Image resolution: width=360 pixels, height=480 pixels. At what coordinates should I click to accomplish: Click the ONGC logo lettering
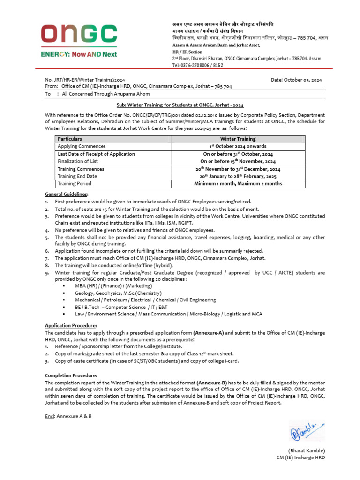click(79, 34)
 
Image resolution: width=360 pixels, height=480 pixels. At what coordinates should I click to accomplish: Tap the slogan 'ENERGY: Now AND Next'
click(78, 54)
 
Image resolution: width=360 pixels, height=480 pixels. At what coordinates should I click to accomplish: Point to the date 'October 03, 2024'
click(302, 80)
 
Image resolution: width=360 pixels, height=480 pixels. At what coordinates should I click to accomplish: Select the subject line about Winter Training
click(180, 105)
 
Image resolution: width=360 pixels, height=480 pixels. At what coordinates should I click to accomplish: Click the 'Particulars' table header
click(70, 139)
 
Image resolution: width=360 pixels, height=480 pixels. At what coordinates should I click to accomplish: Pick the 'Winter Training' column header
click(238, 139)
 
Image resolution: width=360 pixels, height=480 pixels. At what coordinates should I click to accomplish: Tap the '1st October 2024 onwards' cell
click(238, 146)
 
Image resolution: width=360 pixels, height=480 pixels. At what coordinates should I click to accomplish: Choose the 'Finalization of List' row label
click(78, 161)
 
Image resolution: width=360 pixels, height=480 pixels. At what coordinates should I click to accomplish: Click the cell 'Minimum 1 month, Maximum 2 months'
click(238, 184)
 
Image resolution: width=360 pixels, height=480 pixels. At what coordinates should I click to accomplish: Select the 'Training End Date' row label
click(77, 176)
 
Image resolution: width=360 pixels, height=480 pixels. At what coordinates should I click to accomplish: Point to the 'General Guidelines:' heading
click(66, 194)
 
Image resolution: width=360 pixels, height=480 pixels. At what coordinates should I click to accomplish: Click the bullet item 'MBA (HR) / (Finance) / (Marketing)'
click(113, 285)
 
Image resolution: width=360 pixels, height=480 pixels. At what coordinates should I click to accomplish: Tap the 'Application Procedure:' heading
click(71, 325)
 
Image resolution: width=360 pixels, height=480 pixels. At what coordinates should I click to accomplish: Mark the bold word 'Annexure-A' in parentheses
click(208, 332)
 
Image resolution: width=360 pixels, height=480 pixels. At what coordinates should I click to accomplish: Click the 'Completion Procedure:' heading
click(71, 375)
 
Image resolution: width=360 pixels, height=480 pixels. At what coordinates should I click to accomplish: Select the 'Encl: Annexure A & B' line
click(68, 416)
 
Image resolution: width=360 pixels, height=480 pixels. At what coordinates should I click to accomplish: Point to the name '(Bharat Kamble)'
click(307, 450)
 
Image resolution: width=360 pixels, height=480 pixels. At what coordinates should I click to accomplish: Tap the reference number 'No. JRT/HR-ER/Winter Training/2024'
click(85, 80)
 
